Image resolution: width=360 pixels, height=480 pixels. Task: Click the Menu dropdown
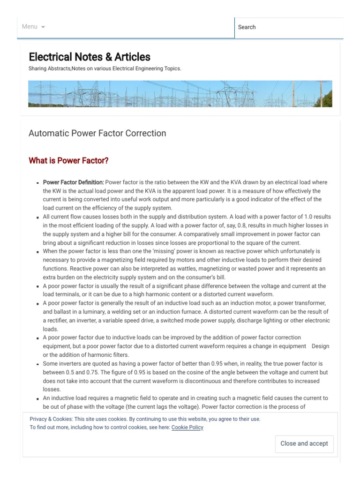click(33, 27)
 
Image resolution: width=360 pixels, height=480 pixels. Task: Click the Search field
click(288, 27)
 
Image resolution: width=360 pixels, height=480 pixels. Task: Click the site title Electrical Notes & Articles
click(90, 57)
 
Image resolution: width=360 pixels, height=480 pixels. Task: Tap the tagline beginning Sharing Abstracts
click(105, 68)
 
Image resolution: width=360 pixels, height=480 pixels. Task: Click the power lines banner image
click(180, 94)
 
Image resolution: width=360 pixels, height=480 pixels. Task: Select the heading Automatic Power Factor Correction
click(97, 133)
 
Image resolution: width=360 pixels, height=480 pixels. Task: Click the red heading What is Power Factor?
click(68, 161)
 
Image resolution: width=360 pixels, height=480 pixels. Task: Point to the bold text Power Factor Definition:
click(73, 182)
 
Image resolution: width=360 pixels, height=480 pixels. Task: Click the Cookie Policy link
click(187, 427)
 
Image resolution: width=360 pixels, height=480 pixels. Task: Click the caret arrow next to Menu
click(43, 27)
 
